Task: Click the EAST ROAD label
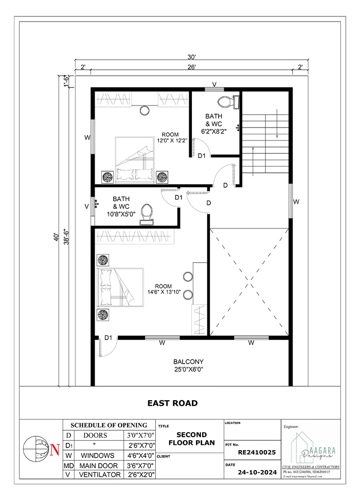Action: tap(172, 403)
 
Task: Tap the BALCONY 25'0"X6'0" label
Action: tap(188, 365)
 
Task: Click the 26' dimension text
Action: tap(191, 67)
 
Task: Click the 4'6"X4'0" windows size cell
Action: tap(140, 455)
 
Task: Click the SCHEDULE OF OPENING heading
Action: tap(109, 425)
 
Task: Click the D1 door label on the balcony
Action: tap(109, 338)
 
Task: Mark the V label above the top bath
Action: tap(214, 84)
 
